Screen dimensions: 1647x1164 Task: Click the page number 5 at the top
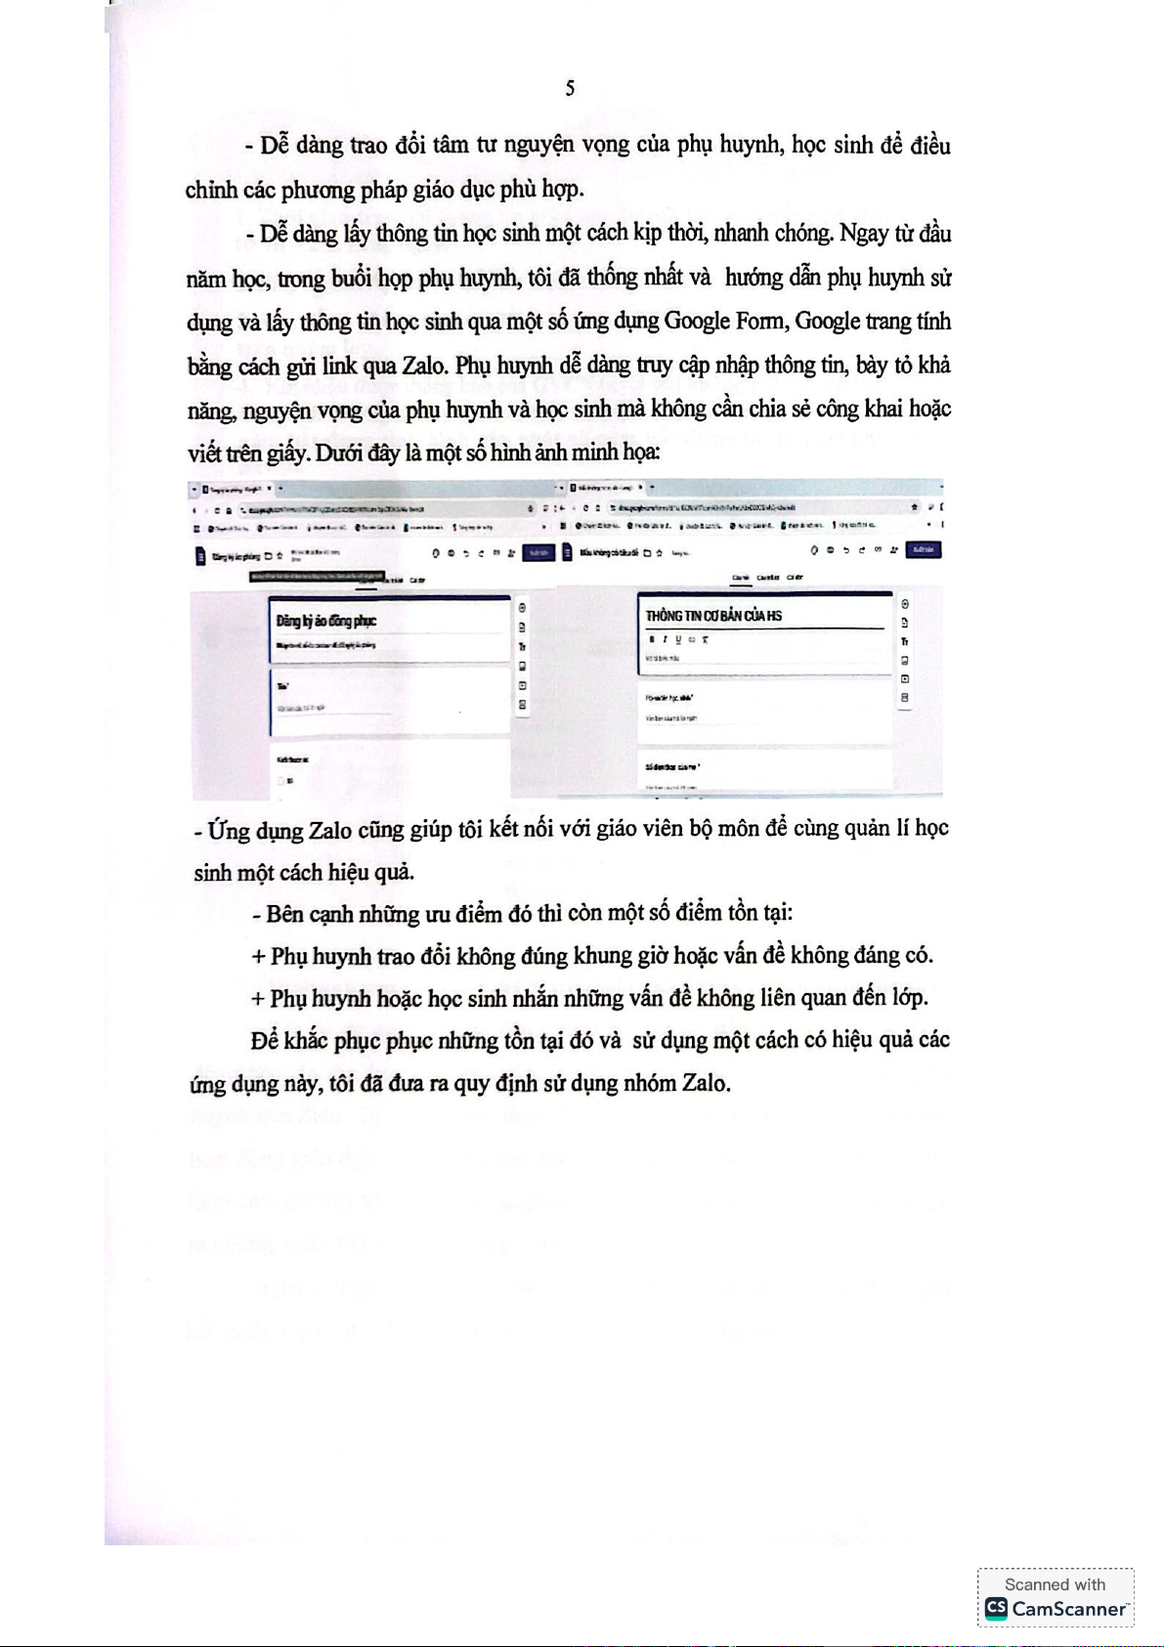570,89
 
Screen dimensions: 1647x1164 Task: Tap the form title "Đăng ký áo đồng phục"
326,620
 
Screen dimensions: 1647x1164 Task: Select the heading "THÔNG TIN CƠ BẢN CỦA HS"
713,615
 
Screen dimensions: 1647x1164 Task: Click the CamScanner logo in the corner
996,1608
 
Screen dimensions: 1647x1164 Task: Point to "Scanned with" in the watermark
1055,1584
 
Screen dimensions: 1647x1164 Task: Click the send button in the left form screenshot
538,552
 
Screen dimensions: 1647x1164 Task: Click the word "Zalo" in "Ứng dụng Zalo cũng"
330,830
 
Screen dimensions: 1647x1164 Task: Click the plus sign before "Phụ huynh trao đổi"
258,956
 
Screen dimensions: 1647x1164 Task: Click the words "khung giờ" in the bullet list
615,955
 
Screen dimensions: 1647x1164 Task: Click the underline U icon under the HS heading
678,639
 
